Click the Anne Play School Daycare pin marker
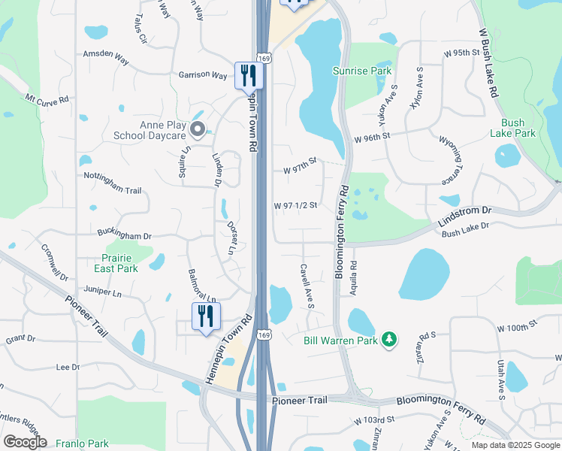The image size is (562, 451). (198, 130)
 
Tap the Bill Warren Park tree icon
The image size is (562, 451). (388, 341)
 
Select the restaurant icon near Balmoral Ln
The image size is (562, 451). (205, 316)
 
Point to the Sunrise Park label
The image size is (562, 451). (362, 71)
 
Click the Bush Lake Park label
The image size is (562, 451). (512, 128)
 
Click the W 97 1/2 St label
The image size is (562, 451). (295, 205)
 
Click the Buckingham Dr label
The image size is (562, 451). (123, 235)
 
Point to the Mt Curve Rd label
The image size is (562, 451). (47, 98)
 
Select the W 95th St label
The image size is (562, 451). (461, 53)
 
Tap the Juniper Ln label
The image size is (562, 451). (104, 292)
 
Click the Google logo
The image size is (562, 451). (25, 442)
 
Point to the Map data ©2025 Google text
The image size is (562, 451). (514, 445)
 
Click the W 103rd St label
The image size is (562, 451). (374, 419)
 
